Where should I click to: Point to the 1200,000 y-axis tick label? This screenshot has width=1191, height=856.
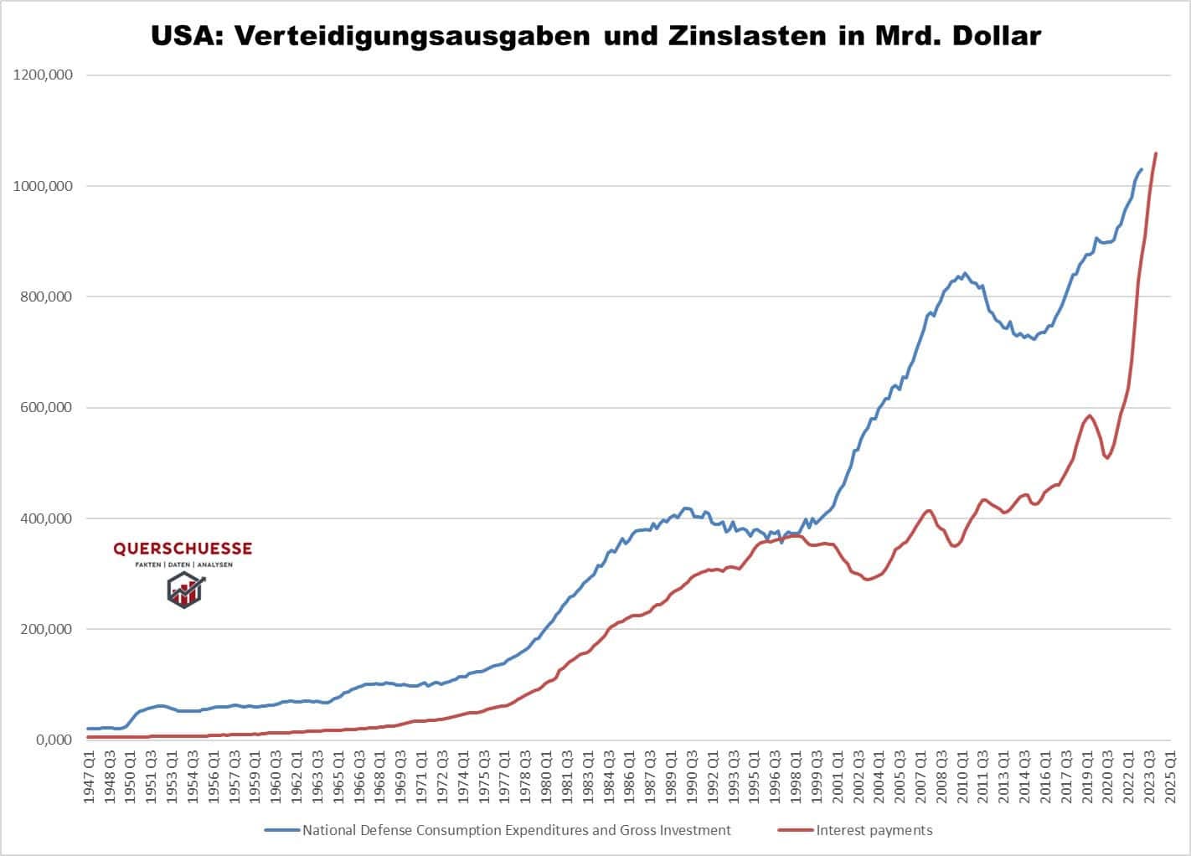(x=43, y=75)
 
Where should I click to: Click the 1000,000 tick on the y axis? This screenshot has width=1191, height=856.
(x=43, y=186)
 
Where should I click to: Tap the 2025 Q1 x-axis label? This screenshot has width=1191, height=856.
(x=1170, y=779)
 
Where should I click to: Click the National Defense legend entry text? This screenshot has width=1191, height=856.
(x=516, y=830)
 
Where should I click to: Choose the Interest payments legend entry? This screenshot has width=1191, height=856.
(x=874, y=830)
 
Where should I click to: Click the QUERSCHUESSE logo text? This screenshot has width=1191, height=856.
(x=183, y=549)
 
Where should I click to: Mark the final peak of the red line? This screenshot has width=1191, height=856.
(x=1156, y=153)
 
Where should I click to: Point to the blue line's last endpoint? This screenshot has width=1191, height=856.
(x=1142, y=169)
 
